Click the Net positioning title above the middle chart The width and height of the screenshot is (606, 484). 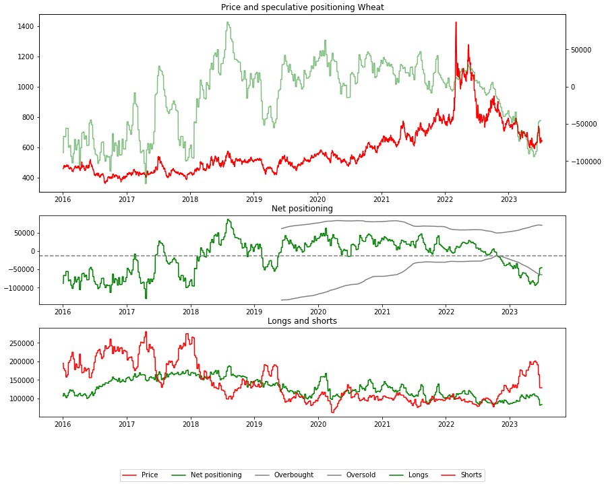click(x=302, y=209)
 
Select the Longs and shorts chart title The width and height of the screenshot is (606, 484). click(x=302, y=321)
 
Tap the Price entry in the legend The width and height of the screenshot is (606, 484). click(x=150, y=475)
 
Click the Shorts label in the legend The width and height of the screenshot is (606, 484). click(x=471, y=475)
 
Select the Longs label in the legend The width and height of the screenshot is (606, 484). click(x=418, y=475)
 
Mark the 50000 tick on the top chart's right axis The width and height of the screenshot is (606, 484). click(x=582, y=50)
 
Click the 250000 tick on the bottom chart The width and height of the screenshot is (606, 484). click(x=20, y=343)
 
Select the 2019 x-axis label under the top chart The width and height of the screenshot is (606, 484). click(x=253, y=199)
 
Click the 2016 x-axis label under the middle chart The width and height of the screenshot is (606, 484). click(x=63, y=312)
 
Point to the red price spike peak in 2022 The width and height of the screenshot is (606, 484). click(x=456, y=23)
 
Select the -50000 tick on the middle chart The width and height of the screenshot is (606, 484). click(x=20, y=270)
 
